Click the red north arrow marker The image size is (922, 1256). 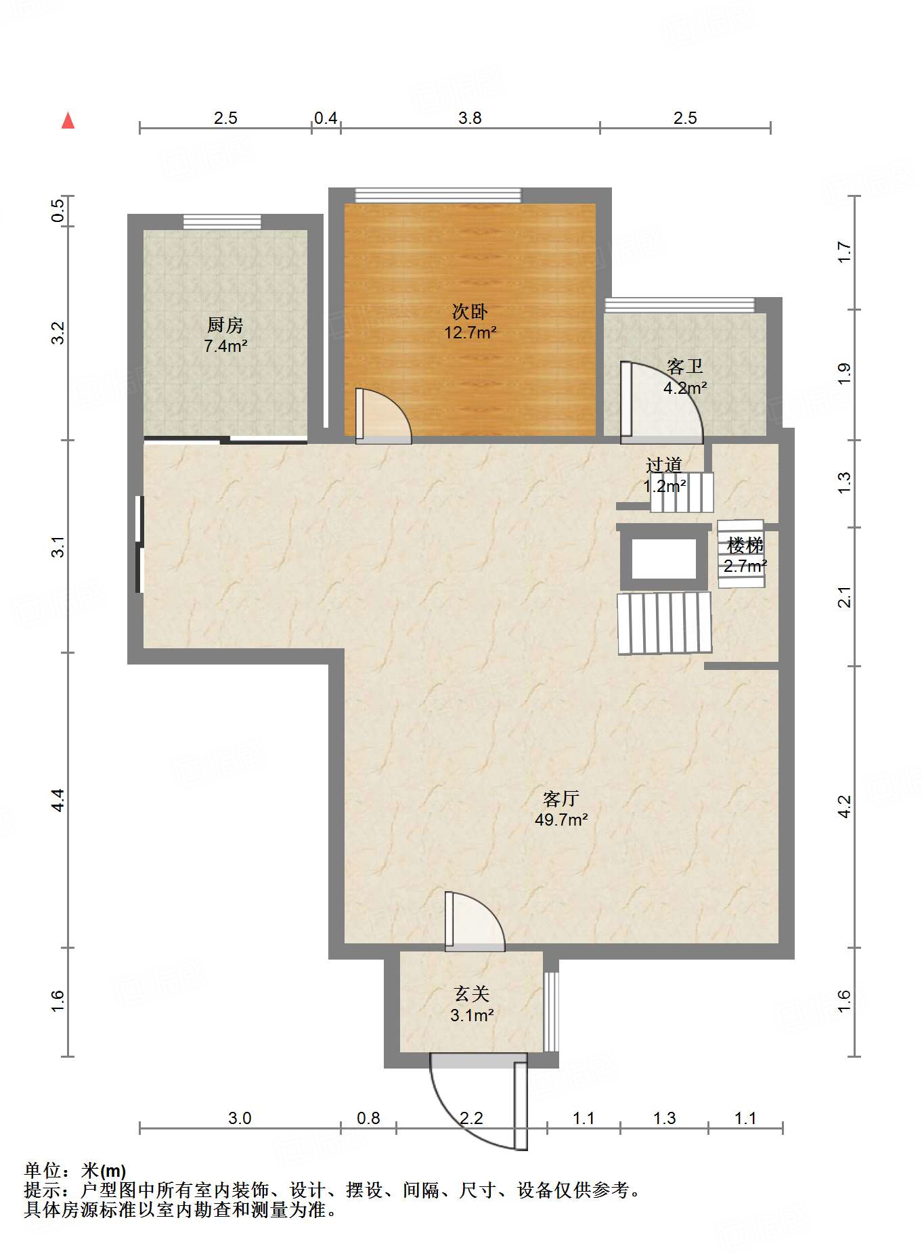(68, 120)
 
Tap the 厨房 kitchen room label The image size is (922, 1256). (225, 325)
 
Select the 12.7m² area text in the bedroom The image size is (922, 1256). (470, 332)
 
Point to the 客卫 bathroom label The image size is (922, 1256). (685, 367)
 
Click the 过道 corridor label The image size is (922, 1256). (663, 465)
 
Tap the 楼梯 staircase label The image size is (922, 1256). (745, 545)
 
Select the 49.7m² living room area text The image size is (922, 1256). (561, 820)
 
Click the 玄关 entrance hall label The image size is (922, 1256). (472, 993)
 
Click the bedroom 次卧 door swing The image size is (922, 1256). (384, 416)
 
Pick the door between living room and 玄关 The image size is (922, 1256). (475, 922)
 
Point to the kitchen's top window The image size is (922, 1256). (222, 222)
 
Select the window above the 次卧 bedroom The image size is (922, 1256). (439, 196)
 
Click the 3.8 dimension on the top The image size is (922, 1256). (470, 118)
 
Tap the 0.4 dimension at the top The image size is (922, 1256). (326, 118)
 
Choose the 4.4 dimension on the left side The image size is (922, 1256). (59, 801)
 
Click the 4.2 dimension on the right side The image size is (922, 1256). (844, 807)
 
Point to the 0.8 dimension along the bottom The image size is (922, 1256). (369, 1118)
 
